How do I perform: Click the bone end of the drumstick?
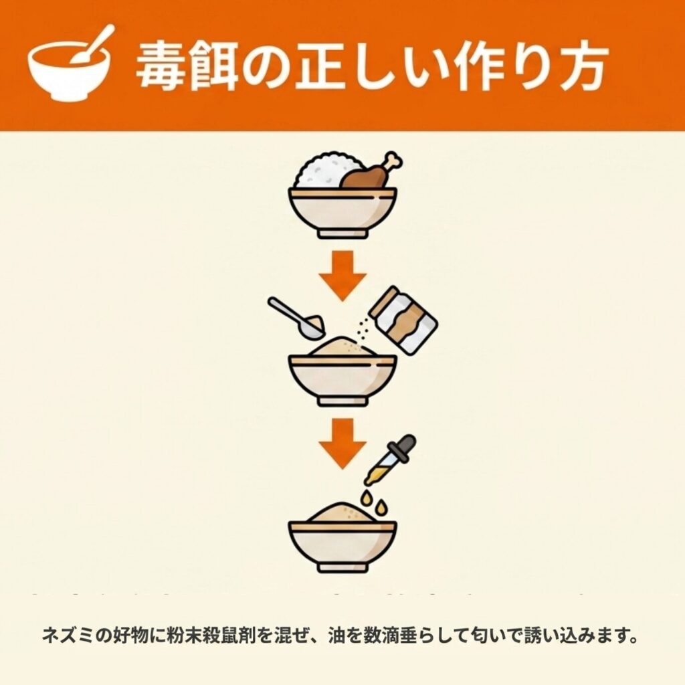click(x=393, y=160)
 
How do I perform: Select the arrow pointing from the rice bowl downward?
click(x=342, y=276)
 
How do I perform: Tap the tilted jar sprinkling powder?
click(x=403, y=320)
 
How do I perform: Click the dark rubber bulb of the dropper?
click(x=405, y=446)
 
